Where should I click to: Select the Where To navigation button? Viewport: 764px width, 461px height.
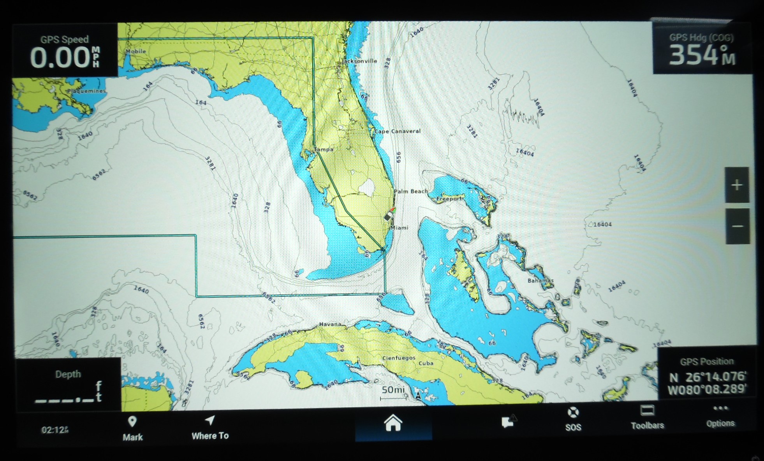[210, 428]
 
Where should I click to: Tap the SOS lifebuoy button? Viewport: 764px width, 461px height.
[573, 419]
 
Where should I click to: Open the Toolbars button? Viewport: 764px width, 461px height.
[647, 417]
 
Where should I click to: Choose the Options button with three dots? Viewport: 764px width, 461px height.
[720, 416]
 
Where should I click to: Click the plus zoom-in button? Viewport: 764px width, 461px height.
[736, 185]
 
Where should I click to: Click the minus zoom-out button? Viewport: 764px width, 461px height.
[737, 226]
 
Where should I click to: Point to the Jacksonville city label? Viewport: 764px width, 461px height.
[359, 61]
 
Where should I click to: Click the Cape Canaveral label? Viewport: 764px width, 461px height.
[398, 131]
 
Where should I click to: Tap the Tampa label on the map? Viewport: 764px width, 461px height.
[324, 149]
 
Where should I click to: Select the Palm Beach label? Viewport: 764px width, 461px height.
[411, 191]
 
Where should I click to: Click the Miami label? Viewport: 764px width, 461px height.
[400, 228]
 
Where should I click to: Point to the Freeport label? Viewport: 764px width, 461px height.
[449, 199]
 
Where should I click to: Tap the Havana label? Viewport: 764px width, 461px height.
[330, 324]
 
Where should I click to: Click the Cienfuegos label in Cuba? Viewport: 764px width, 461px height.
[399, 358]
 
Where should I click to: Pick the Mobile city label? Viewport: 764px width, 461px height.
[136, 51]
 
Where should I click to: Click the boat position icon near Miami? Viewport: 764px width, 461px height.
[389, 215]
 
